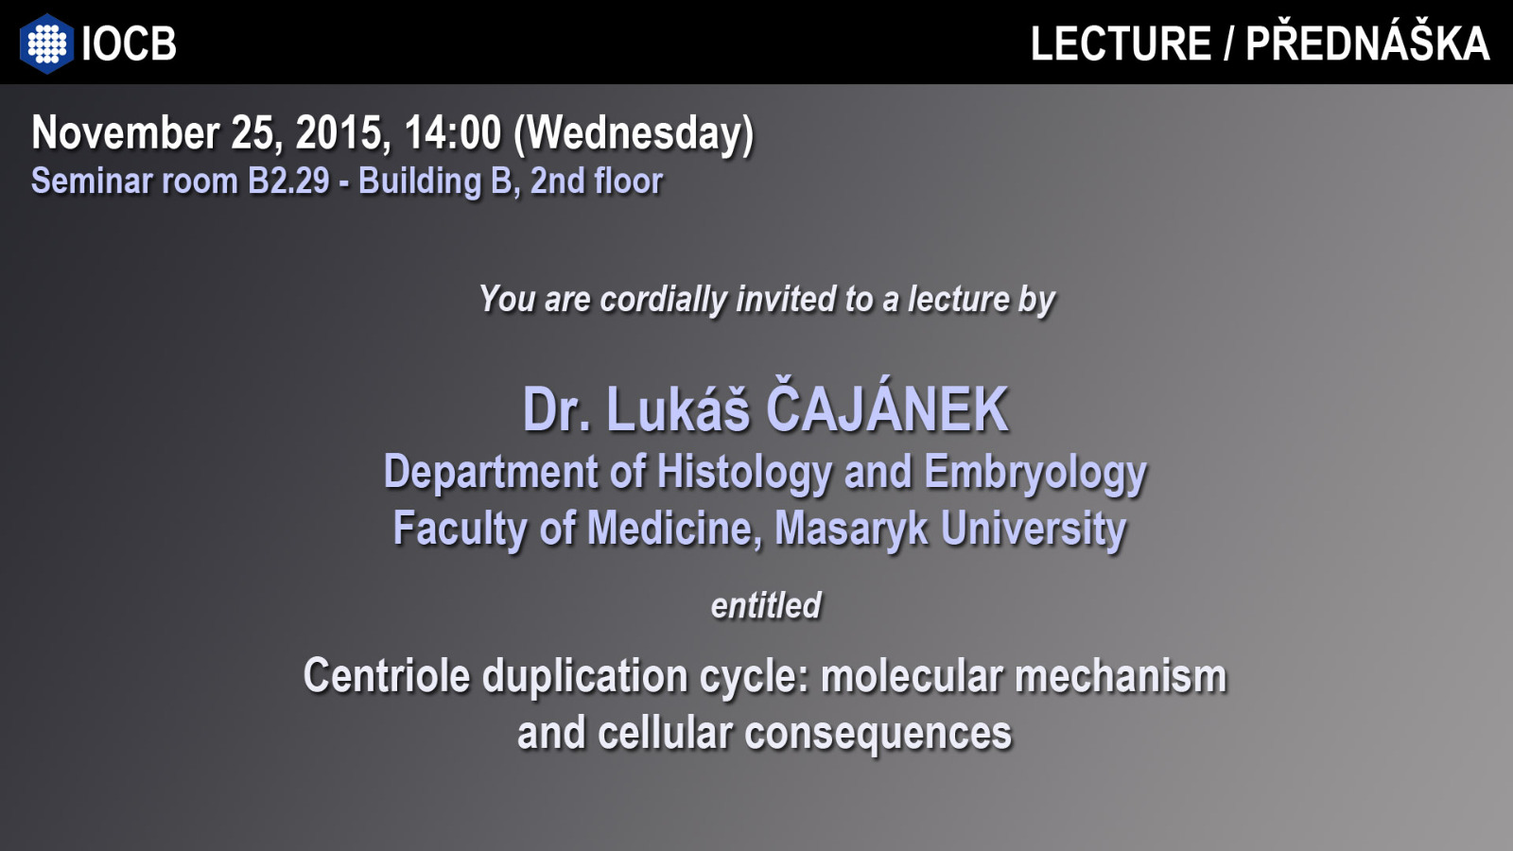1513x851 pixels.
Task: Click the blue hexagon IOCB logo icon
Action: coord(46,43)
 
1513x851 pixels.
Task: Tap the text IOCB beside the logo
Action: coord(129,43)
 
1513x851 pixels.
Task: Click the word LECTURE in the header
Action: coord(1121,43)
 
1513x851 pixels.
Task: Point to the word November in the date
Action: coord(126,132)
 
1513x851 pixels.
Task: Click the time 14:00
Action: coord(453,132)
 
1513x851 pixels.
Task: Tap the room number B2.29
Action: coord(288,181)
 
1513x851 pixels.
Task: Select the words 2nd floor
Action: coord(597,181)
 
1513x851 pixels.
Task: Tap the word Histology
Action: coord(744,473)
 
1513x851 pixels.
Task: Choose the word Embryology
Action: coord(1035,473)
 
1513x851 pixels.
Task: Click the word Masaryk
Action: coord(851,529)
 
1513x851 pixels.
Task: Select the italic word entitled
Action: coord(766,605)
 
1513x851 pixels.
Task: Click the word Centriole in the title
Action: coord(387,675)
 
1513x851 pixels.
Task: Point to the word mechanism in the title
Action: coord(1121,676)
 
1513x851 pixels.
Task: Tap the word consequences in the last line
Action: coord(878,734)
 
